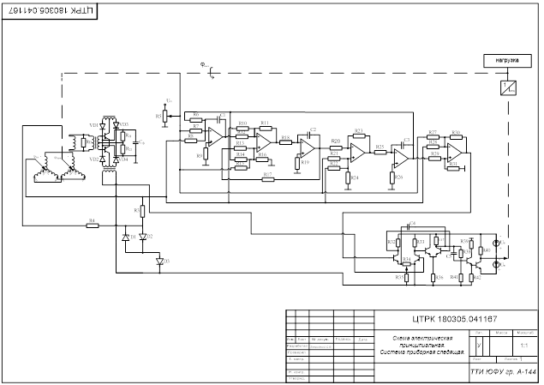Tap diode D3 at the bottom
click(x=158, y=261)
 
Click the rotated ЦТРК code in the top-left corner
click(x=50, y=10)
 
